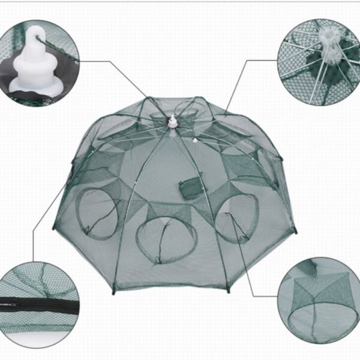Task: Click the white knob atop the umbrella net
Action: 173,121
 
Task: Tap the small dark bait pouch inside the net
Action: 190,189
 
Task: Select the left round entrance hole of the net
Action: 98,213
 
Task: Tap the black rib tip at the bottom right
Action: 228,291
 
